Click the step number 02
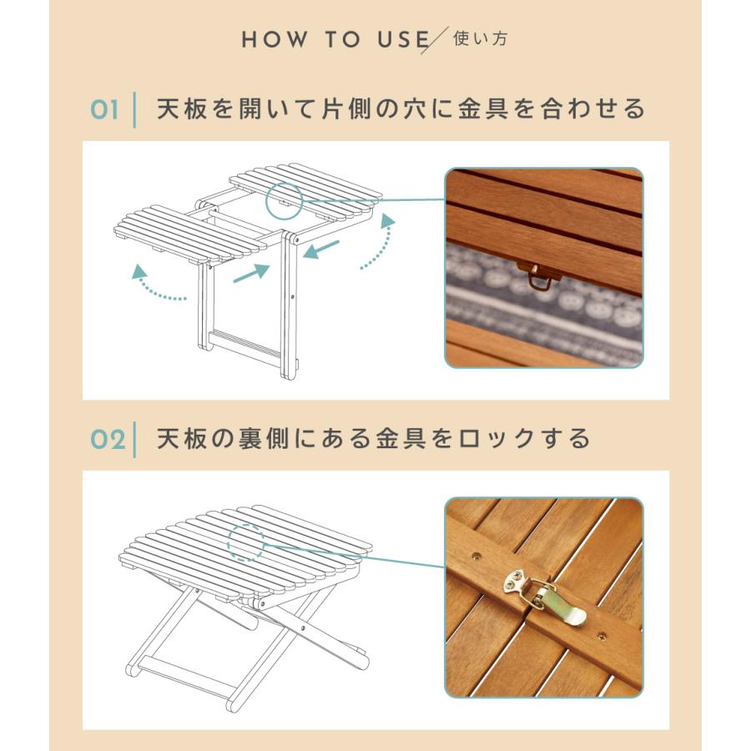107,439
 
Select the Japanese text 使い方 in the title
480,38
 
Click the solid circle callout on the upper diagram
284,199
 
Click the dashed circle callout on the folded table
245,542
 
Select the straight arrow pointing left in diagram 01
321,249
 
